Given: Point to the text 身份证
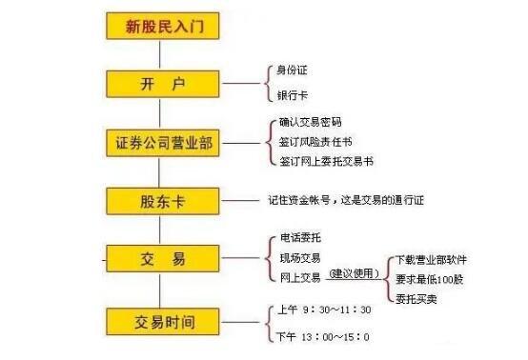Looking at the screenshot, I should [293, 70].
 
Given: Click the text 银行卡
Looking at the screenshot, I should [293, 95].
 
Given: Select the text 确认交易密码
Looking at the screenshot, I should [310, 123].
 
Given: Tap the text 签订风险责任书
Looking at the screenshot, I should [315, 142].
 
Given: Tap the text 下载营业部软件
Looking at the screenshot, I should [431, 259].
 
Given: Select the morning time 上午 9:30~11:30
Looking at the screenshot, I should [325, 310].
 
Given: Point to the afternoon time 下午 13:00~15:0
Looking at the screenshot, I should [324, 336].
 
